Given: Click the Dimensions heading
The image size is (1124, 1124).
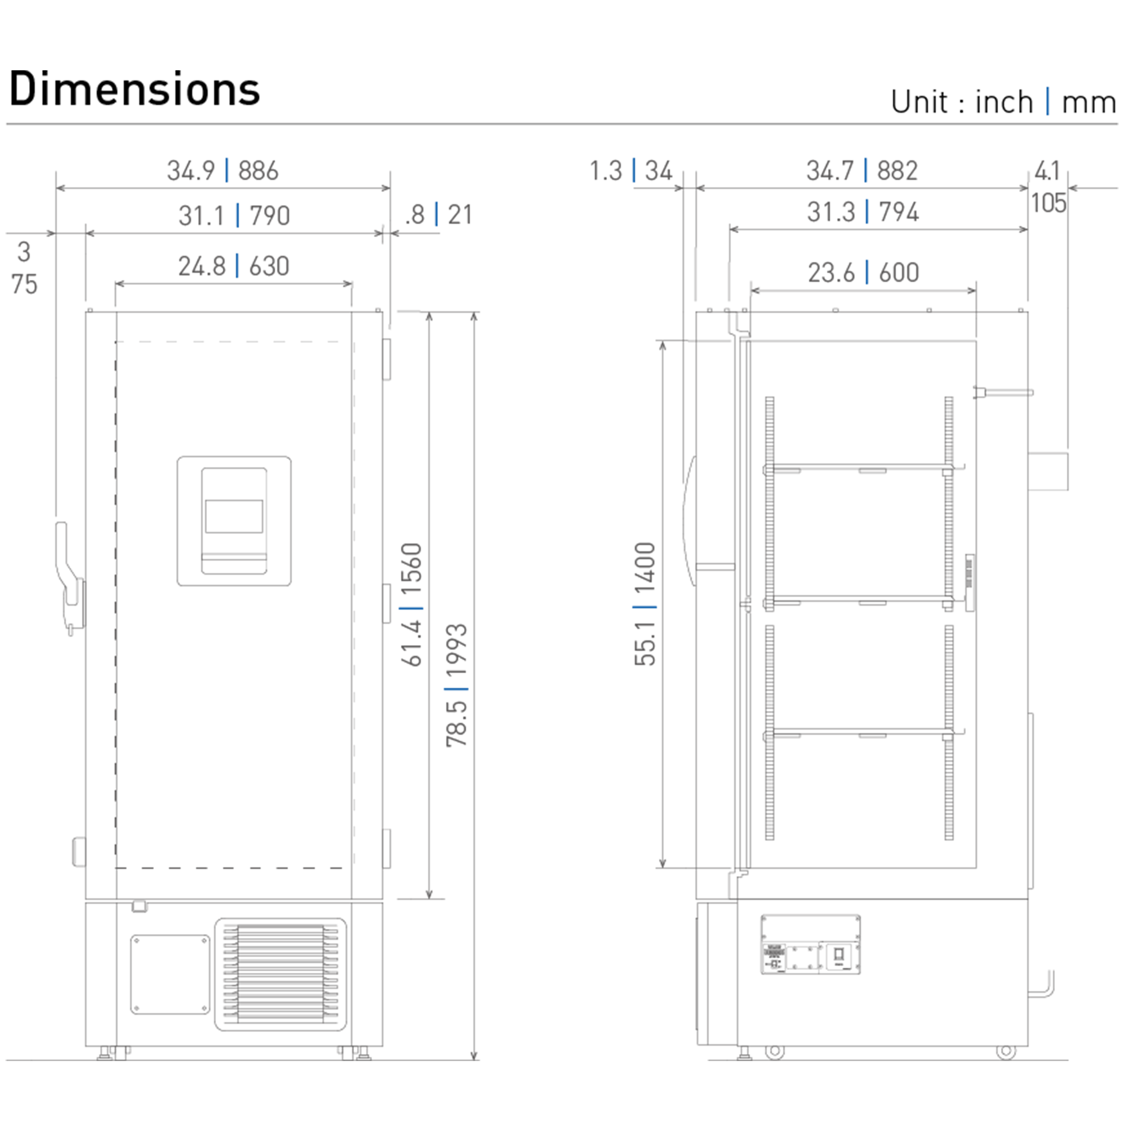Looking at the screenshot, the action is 134,89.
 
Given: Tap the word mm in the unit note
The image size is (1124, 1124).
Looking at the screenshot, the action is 1089,102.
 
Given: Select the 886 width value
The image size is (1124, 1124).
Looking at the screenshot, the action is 259,170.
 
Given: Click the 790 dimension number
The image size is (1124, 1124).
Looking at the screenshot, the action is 269,216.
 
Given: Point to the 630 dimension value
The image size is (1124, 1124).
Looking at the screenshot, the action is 269,266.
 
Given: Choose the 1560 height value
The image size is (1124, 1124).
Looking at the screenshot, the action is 411,568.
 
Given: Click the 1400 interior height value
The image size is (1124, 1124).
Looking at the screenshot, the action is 645,568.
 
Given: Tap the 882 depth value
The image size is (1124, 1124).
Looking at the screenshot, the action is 897,170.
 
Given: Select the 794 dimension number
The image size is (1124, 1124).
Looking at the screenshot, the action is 899,212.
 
